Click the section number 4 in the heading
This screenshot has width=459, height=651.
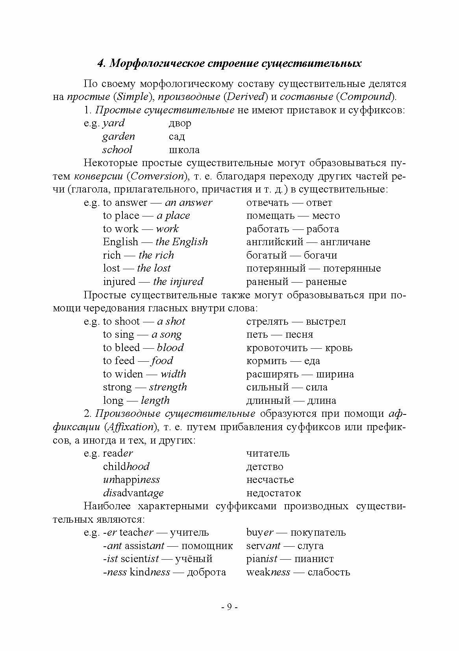pos(100,64)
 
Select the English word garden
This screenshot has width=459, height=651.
pos(118,137)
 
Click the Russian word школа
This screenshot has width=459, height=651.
pos(184,150)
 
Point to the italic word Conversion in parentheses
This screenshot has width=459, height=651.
pos(157,176)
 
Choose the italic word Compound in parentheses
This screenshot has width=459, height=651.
pos(366,97)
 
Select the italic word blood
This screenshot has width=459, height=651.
pos(170,348)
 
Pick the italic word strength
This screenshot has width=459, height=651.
pos(168,388)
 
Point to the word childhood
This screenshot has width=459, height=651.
pos(126,467)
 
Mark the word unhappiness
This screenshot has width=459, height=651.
pos(131,480)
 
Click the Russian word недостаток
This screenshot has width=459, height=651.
pos(273,493)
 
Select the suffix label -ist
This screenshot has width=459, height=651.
pos(110,559)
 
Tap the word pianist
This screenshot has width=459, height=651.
pos(262,559)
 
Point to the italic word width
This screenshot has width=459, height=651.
pos(173,374)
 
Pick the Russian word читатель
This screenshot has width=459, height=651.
pos(268,453)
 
